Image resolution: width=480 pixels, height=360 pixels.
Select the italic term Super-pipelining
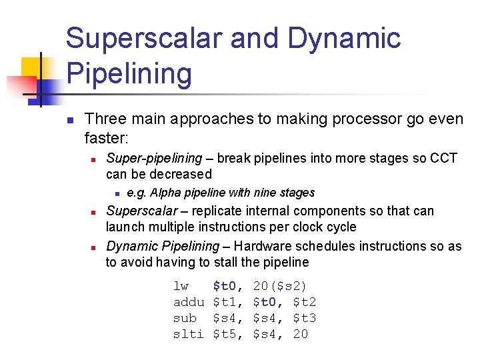click(x=154, y=159)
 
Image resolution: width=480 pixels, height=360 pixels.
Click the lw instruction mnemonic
click(x=181, y=286)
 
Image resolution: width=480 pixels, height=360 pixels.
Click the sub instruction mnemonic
click(x=185, y=318)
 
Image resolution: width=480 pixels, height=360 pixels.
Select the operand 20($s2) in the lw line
click(x=280, y=286)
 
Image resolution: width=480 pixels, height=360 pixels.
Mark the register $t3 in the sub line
click(x=304, y=318)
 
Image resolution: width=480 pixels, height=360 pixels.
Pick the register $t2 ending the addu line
click(x=304, y=302)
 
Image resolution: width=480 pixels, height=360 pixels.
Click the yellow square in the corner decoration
click(x=33, y=67)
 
